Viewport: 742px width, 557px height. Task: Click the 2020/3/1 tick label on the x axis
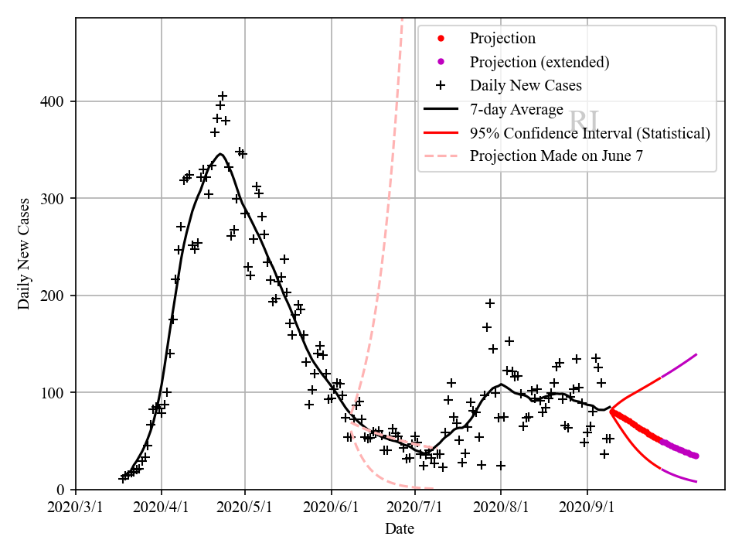76,508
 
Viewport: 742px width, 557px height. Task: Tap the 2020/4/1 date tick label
162,508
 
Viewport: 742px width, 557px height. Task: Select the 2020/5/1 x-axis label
245,508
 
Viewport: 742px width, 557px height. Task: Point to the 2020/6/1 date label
332,508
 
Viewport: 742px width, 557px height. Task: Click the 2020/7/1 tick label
416,508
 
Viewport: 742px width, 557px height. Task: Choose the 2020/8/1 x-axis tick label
502,508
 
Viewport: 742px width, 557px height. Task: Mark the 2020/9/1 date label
587,508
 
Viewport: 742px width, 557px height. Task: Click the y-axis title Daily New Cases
24,253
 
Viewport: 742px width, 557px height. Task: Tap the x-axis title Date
400,530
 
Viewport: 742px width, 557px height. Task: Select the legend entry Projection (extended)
539,62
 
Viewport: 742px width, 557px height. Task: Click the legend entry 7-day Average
516,109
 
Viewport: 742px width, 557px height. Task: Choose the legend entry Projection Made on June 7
556,156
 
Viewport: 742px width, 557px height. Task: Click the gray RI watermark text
584,121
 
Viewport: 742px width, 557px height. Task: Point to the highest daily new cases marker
223,97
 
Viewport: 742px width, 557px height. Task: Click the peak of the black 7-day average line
220,154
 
